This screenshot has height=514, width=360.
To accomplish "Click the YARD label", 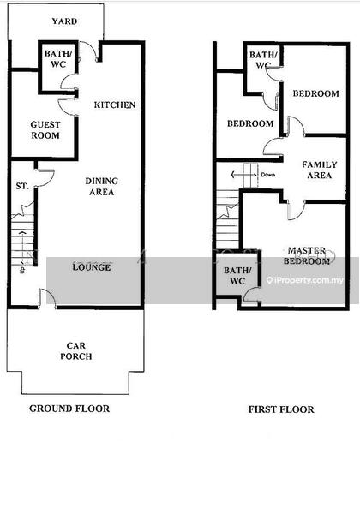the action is [64, 21].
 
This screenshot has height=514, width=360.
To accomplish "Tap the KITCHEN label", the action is [115, 105].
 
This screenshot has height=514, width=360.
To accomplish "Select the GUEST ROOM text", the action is [45, 130].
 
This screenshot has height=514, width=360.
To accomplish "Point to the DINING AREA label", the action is [102, 187].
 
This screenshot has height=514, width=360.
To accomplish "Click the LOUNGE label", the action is [92, 267].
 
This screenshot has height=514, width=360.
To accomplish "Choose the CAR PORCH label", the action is [76, 350].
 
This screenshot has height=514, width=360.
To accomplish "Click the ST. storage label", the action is [22, 186].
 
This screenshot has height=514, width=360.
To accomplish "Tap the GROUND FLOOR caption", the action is [69, 409].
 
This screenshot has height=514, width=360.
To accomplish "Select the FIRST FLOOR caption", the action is [281, 409].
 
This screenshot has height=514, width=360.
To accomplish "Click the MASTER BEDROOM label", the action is [307, 255].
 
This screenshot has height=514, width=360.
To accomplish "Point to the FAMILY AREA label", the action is [320, 170].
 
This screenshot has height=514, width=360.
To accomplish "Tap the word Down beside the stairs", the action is [268, 175].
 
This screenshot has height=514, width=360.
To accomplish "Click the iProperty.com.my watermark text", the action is [305, 280].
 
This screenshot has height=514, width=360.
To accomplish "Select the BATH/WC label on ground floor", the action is [58, 59].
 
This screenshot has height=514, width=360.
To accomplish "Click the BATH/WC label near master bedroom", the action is [237, 276].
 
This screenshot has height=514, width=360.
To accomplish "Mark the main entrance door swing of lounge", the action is [48, 297].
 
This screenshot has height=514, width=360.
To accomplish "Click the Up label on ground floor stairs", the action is [22, 271].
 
